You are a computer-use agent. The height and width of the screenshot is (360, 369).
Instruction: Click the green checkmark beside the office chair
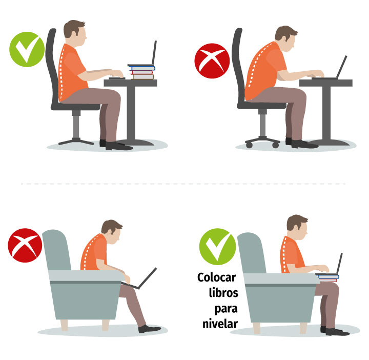pos(27,49)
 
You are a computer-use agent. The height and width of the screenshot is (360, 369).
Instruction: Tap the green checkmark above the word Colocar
pos(217,247)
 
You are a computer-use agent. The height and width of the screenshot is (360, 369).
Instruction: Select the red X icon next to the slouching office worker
pos(212,61)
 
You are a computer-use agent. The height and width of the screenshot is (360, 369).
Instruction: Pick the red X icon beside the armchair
pos(25,245)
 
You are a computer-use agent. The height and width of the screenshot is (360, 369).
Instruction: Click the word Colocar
pos(216,277)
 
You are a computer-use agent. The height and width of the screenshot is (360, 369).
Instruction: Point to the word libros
pos(223,293)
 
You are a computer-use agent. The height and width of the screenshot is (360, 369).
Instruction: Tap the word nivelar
pos(220,324)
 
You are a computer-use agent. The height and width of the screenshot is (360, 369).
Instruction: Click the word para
pos(225,309)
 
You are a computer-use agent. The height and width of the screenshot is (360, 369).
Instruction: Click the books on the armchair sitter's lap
pos(327,277)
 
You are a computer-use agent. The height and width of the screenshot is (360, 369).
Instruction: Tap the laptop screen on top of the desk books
pos(154,52)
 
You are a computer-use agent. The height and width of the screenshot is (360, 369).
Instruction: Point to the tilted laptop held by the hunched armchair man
pos(140,279)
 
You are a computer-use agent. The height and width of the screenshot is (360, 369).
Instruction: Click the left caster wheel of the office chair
pos(249,145)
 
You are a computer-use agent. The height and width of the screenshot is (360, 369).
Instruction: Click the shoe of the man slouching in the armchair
pos(150,328)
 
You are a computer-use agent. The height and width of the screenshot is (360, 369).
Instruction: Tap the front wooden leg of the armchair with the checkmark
pos(303,328)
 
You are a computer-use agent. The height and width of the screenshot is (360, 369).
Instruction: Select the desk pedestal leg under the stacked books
pos(131,112)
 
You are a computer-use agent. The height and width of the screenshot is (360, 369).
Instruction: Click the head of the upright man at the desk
pos(75,33)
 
